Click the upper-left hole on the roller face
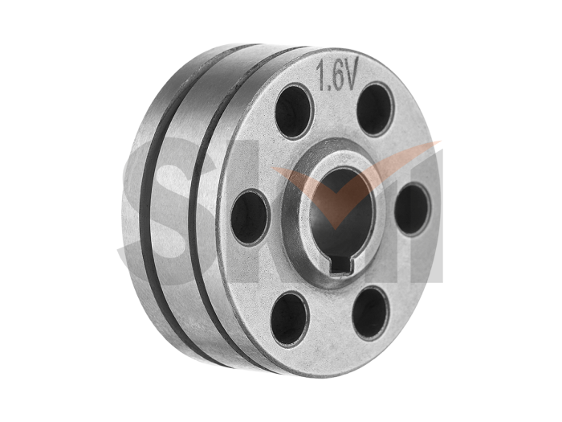click(x=294, y=112)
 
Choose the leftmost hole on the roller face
click(x=250, y=215)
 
